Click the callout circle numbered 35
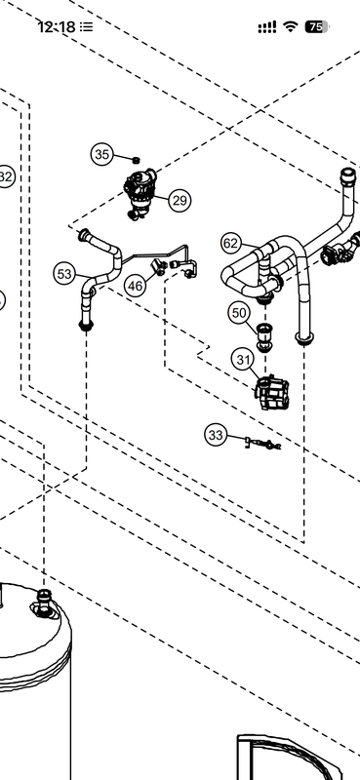tap(102, 153)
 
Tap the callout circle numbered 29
tap(179, 201)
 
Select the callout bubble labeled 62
tap(230, 243)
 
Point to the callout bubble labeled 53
tap(65, 275)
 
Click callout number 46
tap(135, 286)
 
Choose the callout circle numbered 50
tap(240, 313)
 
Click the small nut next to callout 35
tap(138, 159)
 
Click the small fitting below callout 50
tap(263, 338)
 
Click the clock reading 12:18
tap(56, 27)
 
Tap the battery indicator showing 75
tap(316, 27)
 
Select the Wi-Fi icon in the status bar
tap(291, 27)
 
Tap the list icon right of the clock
tap(87, 27)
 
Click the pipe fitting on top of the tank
tap(43, 604)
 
